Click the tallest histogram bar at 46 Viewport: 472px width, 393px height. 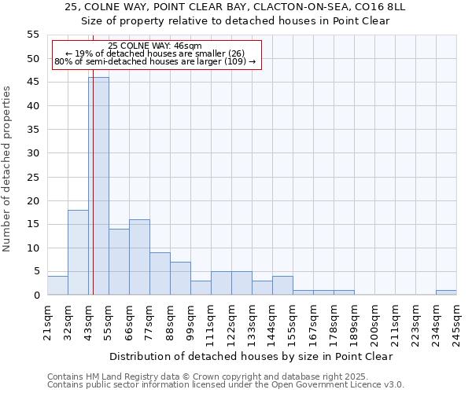pyautogui.click(x=98, y=186)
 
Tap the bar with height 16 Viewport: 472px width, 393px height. pyautogui.click(x=139, y=257)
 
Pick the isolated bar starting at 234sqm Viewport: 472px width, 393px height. pyautogui.click(x=446, y=292)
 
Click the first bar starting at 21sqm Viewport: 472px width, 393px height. pyautogui.click(x=57, y=285)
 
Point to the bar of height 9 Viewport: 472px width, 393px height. pyautogui.click(x=160, y=274)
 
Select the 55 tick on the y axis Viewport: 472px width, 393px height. pyautogui.click(x=33, y=35)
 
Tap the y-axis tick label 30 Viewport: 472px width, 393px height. pyautogui.click(x=33, y=153)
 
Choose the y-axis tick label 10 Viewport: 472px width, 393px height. pyautogui.click(x=33, y=248)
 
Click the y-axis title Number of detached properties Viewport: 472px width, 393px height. pyautogui.click(x=7, y=168)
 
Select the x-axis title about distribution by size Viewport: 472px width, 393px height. pyautogui.click(x=251, y=356)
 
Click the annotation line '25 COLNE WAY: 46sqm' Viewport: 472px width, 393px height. pyautogui.click(x=155, y=46)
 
